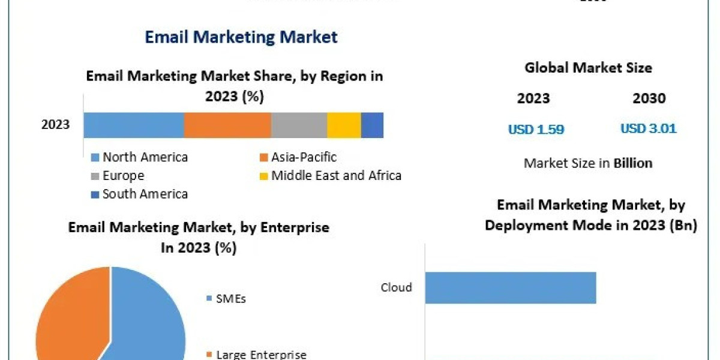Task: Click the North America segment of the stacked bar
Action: [x=133, y=125]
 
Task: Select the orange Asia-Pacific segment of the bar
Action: [x=227, y=125]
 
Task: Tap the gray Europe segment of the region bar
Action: [x=299, y=125]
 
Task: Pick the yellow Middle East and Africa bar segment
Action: [x=344, y=125]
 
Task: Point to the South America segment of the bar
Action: [x=372, y=125]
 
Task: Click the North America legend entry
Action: [x=139, y=157]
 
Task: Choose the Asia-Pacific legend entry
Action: [x=298, y=157]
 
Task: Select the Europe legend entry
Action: [x=118, y=176]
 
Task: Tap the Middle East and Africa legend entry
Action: [x=330, y=176]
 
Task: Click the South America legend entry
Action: [x=139, y=194]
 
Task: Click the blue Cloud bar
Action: [x=510, y=287]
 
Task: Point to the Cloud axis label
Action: [x=397, y=287]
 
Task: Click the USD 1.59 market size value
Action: [x=536, y=129]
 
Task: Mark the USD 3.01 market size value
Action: [x=648, y=129]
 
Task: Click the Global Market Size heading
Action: [x=588, y=68]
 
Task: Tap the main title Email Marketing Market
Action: [x=241, y=37]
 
